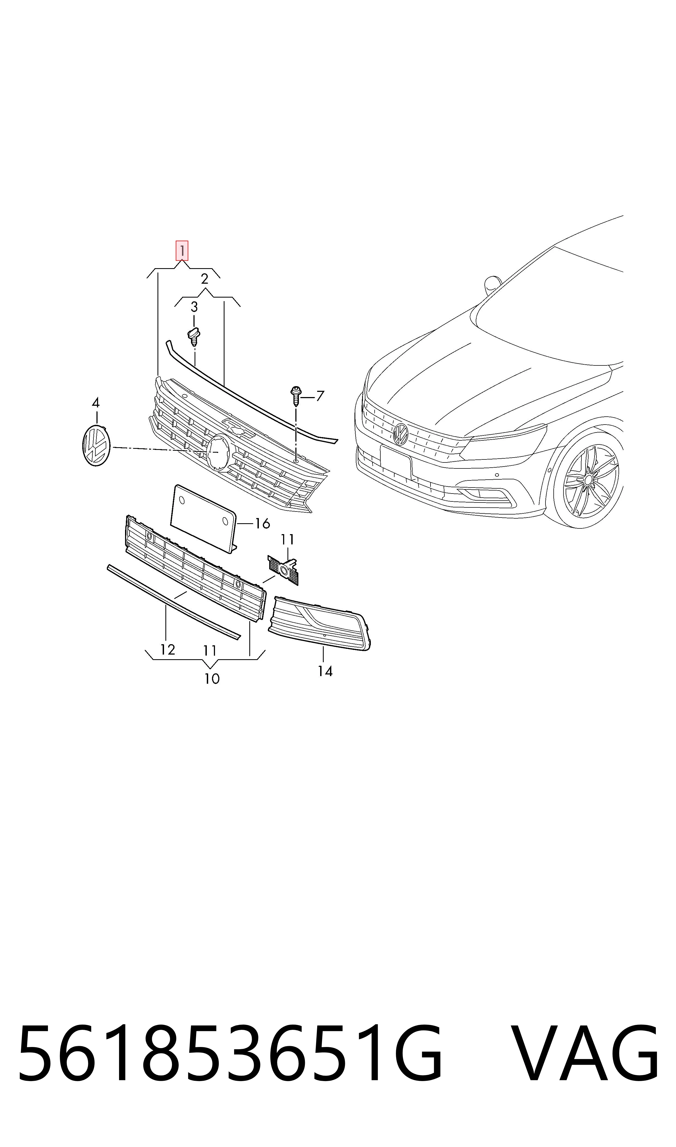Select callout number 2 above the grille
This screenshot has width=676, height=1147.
tap(205, 279)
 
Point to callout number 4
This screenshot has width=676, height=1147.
tap(96, 403)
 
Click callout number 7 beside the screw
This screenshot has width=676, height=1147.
tap(320, 396)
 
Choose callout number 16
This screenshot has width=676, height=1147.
tap(262, 524)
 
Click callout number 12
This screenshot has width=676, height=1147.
tap(167, 650)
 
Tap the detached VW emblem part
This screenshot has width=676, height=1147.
tap(96, 445)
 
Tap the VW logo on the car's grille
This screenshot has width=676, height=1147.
tap(401, 433)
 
